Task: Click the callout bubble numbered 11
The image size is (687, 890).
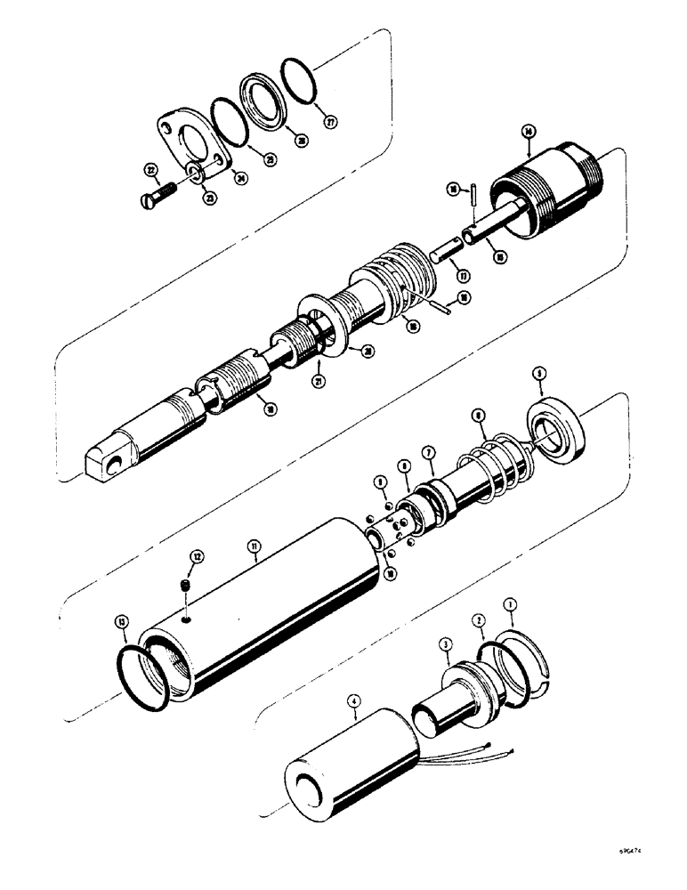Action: [255, 559]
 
